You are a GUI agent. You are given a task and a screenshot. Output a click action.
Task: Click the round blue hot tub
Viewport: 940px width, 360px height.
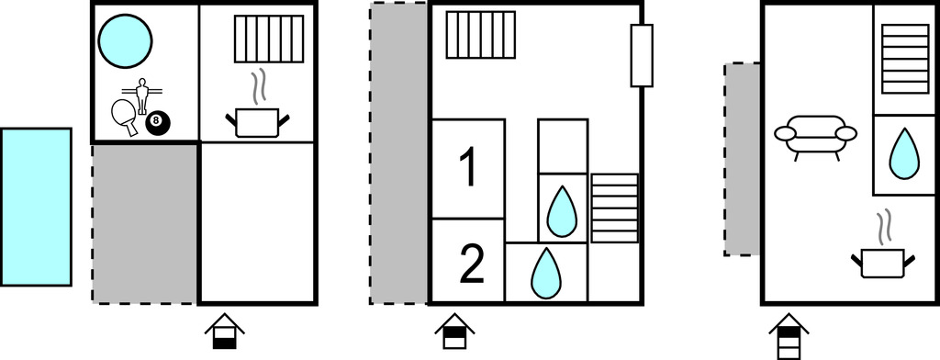pos(125,41)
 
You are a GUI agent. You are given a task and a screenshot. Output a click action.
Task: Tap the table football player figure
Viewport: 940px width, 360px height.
pos(142,96)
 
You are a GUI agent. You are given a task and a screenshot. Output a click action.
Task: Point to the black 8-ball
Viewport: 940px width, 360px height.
pos(158,123)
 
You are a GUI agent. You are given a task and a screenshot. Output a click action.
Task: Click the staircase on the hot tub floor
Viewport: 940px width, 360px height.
pos(269,39)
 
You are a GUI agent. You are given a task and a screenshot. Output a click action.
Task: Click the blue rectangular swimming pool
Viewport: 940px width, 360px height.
pos(36,207)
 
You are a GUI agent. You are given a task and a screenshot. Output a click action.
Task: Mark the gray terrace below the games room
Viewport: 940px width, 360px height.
pos(145,223)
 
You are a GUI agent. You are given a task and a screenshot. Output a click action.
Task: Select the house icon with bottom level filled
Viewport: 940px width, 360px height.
pos(224,332)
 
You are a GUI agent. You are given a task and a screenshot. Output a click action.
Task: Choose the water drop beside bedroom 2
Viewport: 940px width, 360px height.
pos(546,273)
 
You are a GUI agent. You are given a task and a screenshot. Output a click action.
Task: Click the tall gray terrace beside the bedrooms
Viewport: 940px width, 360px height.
pos(398,153)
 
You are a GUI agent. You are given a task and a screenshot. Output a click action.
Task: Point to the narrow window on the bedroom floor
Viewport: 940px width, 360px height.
pos(642,56)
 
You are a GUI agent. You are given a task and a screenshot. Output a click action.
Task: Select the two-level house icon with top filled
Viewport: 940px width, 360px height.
pos(454,332)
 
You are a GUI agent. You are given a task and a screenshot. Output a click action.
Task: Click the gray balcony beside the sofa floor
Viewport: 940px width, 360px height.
pos(742,159)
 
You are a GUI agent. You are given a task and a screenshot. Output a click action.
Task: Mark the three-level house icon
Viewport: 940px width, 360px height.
pos(789,335)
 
